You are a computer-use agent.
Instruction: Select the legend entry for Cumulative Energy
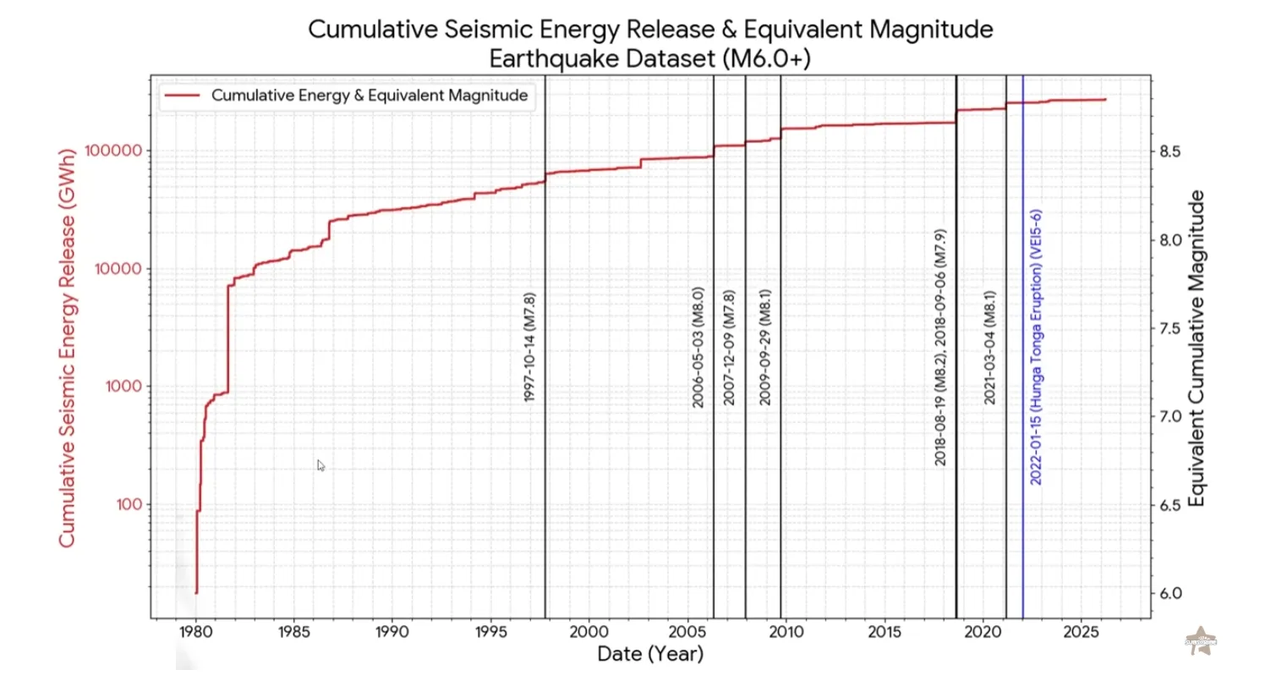[369, 96]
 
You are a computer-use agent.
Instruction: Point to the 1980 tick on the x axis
[196, 632]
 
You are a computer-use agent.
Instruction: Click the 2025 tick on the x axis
[1081, 632]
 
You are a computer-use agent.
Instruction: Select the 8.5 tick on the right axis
[1170, 151]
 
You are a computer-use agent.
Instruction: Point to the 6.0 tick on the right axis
[1170, 594]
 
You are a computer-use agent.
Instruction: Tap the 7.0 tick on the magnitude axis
[1170, 417]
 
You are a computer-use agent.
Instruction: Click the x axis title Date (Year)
[649, 654]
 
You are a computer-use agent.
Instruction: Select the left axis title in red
[68, 348]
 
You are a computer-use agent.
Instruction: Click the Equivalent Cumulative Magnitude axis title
[1197, 349]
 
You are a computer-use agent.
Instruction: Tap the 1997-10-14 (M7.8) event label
[530, 347]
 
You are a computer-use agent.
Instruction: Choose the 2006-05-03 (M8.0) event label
[698, 347]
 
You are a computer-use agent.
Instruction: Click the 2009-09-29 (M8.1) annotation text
[765, 347]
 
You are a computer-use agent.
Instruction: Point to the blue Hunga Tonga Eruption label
[1037, 347]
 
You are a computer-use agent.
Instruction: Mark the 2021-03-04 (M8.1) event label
[990, 347]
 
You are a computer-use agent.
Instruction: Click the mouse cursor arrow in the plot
[320, 464]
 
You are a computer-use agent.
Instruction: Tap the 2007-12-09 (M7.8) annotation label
[730, 347]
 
